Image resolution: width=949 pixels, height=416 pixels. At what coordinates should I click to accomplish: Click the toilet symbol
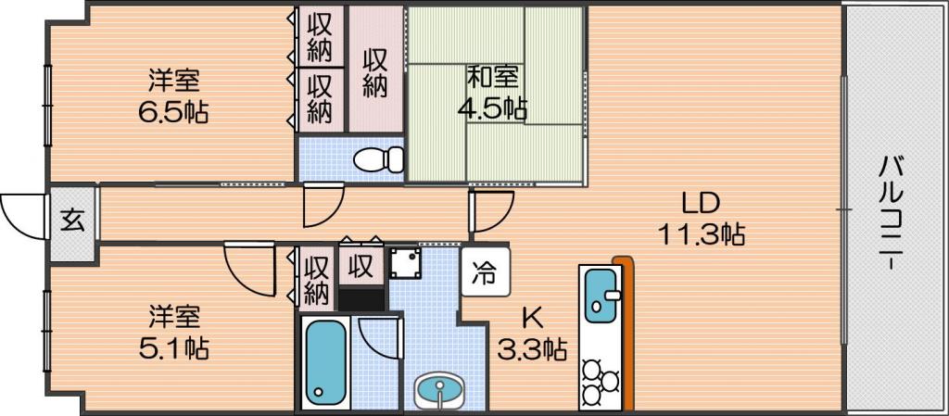point(379,159)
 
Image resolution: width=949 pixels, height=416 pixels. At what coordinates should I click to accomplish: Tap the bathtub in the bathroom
point(325,362)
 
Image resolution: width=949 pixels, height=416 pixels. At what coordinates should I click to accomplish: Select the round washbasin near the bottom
point(439,388)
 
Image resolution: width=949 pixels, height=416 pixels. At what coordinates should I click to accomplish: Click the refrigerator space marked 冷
point(485,272)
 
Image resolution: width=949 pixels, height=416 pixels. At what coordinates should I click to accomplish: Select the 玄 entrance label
point(72,222)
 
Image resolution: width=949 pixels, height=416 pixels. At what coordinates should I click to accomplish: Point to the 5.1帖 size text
point(173,348)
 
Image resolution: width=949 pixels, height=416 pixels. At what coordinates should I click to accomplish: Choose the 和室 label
point(491,78)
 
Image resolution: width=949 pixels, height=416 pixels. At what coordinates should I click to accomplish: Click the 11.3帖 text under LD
point(701,233)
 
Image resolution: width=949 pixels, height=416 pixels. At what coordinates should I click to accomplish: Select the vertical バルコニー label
point(892,212)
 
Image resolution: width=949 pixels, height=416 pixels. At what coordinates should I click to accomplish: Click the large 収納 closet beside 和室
point(376,69)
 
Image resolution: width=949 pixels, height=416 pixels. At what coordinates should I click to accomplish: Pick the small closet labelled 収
point(361,267)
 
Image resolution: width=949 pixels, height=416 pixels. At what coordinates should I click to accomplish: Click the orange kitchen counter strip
point(627,334)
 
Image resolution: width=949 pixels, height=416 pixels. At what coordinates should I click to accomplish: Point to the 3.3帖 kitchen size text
point(532,349)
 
